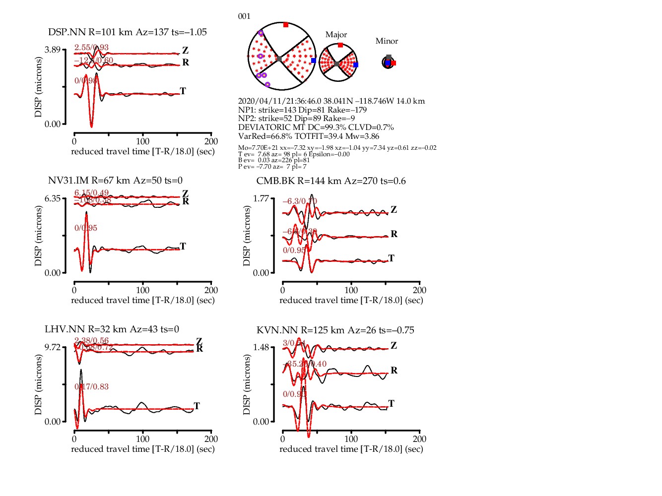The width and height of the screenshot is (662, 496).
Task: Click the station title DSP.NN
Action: [67, 32]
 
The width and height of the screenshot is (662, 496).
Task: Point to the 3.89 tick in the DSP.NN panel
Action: [52, 50]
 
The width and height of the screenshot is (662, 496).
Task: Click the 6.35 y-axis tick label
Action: [52, 198]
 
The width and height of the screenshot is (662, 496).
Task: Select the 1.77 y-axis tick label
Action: [261, 198]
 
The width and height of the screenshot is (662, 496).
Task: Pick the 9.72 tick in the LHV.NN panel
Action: [52, 347]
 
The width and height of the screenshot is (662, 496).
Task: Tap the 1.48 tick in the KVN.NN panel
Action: [261, 347]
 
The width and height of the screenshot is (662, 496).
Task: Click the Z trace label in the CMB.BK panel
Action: [394, 210]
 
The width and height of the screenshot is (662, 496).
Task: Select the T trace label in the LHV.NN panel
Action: [197, 406]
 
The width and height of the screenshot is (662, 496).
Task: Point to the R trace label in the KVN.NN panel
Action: [394, 371]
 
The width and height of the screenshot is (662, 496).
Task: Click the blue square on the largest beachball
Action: [313, 61]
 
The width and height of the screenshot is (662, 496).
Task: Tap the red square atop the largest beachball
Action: [286, 25]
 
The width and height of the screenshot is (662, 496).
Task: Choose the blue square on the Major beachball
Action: [355, 64]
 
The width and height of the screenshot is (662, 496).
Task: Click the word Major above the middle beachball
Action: [336, 35]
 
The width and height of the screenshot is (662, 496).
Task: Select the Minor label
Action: [387, 41]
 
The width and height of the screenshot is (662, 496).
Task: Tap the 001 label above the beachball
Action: [244, 16]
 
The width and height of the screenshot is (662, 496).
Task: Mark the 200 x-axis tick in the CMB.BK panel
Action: [419, 290]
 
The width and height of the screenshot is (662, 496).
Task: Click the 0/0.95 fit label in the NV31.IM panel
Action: [86, 228]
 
